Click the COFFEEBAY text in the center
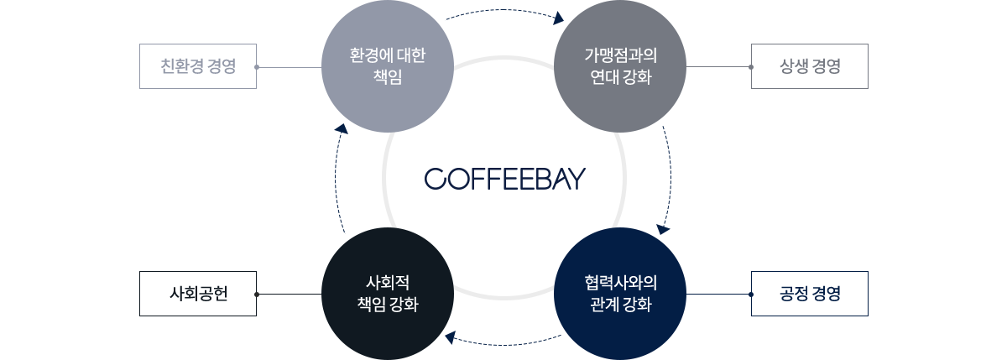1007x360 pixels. pos(503,180)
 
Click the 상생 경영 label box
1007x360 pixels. pos(809,65)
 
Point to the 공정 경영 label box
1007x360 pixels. pos(809,293)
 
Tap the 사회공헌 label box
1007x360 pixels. pos(198,293)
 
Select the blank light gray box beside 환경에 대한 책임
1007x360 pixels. pos(198,65)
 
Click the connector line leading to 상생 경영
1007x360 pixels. pos(718,65)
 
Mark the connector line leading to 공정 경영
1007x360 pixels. pos(718,293)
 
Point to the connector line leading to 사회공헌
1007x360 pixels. pos(289,293)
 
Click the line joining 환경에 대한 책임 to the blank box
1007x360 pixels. pos(289,65)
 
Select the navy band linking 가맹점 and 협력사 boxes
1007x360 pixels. pos(650,180)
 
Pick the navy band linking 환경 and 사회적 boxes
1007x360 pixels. pos(357,180)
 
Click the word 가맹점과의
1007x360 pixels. pos(620,55)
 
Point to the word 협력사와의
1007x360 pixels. pos(620,281)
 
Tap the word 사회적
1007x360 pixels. pos(387,281)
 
